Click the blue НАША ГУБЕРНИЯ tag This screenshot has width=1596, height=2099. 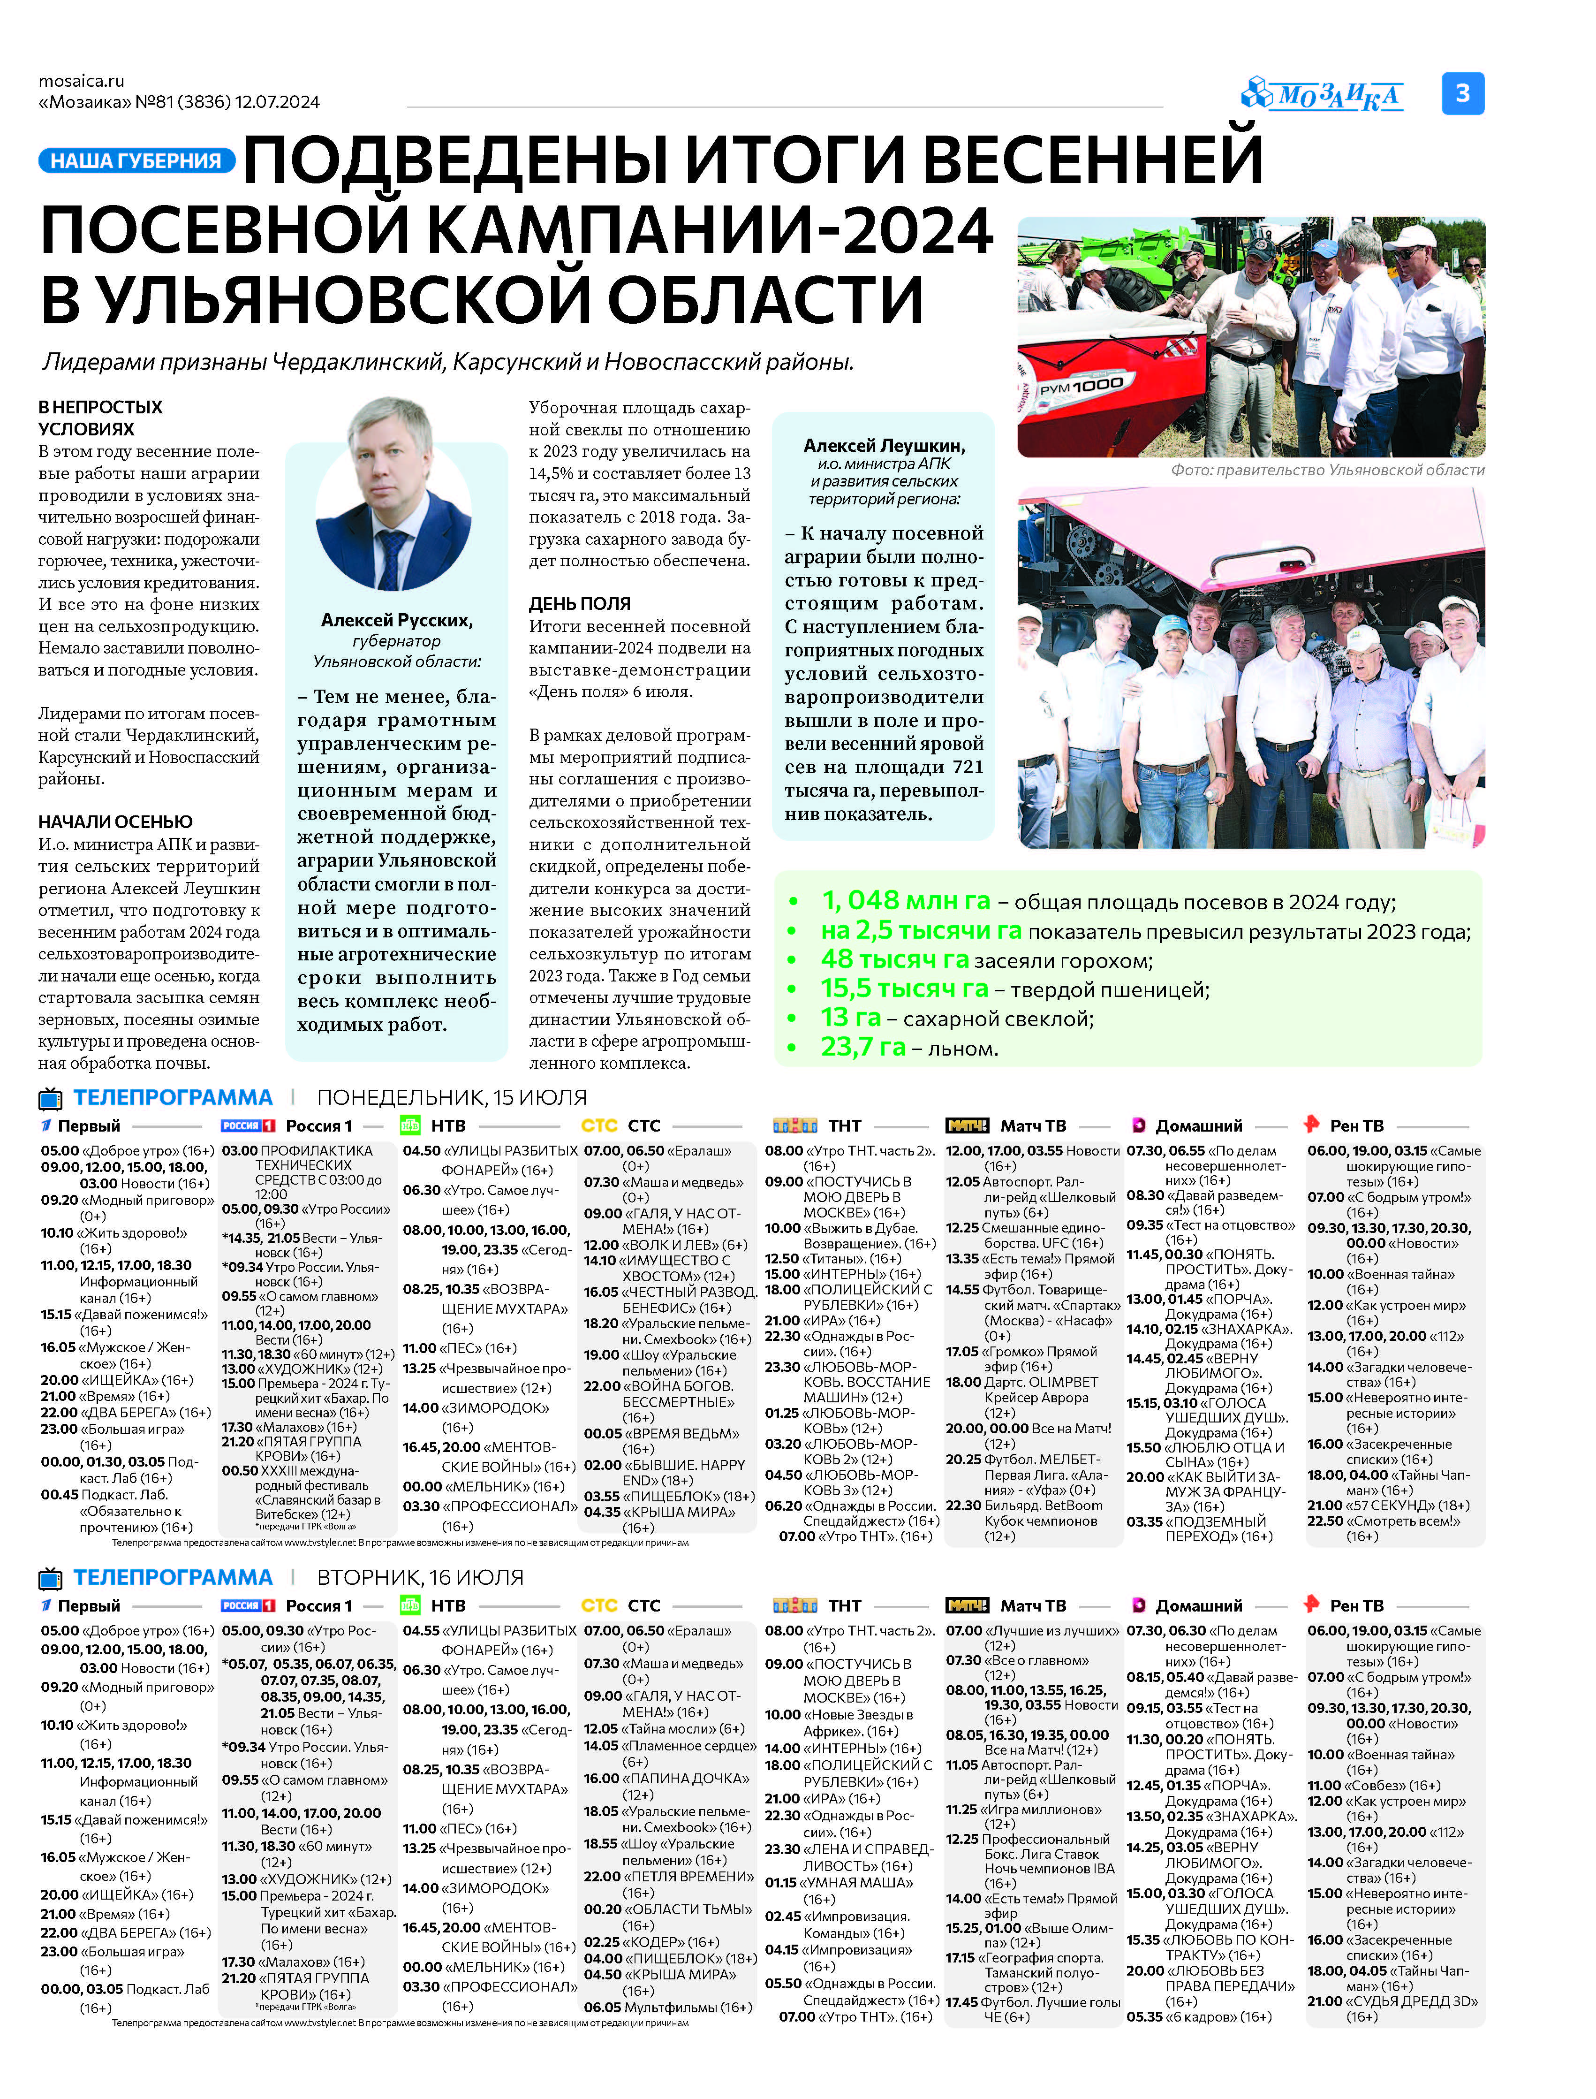tap(136, 160)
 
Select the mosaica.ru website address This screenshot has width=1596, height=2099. tap(82, 81)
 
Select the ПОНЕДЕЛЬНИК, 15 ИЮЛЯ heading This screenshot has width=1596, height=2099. tap(451, 1097)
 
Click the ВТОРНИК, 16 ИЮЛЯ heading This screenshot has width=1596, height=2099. tap(420, 1577)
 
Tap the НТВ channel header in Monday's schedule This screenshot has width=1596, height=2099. tap(447, 1126)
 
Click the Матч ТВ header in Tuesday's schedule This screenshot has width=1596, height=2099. tap(1033, 1606)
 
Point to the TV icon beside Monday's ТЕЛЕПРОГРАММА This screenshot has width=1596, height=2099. tap(50, 1098)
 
